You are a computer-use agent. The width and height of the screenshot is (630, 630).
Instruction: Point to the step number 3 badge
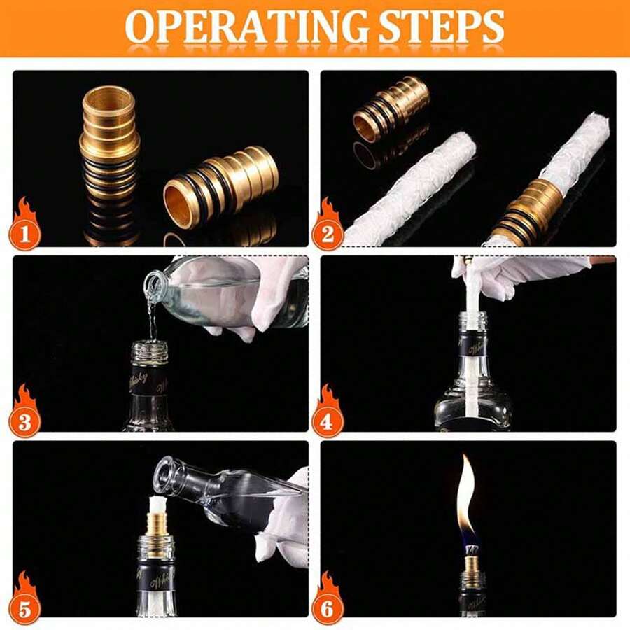(x=25, y=421)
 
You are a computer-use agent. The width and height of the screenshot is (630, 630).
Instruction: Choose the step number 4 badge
(x=328, y=421)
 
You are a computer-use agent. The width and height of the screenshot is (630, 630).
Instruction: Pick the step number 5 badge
(x=25, y=607)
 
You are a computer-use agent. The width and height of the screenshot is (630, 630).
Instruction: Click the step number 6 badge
(x=328, y=607)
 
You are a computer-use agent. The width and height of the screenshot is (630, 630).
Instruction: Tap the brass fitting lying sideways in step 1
(x=221, y=185)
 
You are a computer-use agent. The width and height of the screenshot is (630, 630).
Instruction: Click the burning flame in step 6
(x=466, y=497)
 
